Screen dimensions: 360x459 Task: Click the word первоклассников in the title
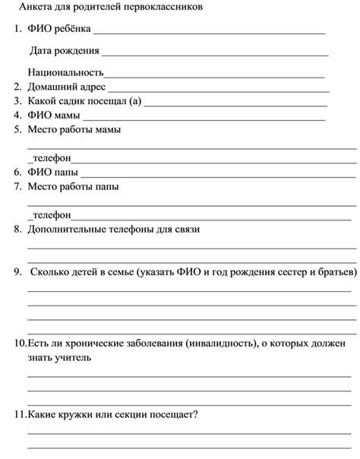coord(177,7)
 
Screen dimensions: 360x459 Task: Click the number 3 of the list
coord(17,101)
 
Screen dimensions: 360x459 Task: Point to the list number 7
coord(17,186)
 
